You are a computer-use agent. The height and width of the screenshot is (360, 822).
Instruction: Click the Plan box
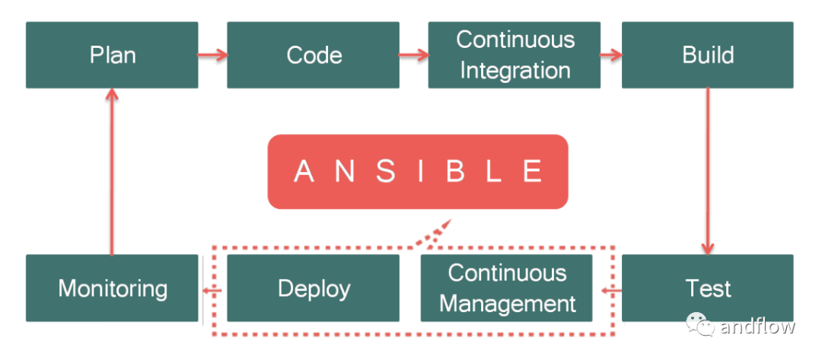point(112,55)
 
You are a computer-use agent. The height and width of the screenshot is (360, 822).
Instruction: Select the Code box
point(313,55)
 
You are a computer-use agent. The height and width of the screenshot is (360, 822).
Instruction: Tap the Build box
point(708,55)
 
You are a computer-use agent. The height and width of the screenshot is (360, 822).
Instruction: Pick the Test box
point(708,288)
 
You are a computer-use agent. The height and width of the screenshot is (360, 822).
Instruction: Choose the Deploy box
point(313,288)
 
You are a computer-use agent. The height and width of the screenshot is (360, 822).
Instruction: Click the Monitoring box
point(112,288)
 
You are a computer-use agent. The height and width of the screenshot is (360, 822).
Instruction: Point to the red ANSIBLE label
point(418,172)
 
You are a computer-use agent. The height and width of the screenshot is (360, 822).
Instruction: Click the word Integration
point(515,71)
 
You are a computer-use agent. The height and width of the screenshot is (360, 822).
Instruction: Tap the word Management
point(508,304)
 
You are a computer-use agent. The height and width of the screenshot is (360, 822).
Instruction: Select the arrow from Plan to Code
point(213,55)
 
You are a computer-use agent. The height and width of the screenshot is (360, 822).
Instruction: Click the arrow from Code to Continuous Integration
point(414,55)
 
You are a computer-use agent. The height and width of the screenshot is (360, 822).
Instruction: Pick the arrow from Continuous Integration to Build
point(611,55)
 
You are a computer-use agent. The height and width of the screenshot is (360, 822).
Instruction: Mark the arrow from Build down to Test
point(708,171)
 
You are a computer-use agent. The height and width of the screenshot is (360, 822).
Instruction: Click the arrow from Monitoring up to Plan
point(112,171)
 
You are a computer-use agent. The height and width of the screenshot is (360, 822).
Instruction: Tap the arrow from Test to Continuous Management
point(612,290)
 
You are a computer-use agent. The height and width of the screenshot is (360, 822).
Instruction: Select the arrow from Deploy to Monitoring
point(212,290)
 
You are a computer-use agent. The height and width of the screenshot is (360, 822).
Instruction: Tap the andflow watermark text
point(757,326)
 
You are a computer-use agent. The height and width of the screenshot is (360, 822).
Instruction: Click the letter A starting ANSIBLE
point(304,171)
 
